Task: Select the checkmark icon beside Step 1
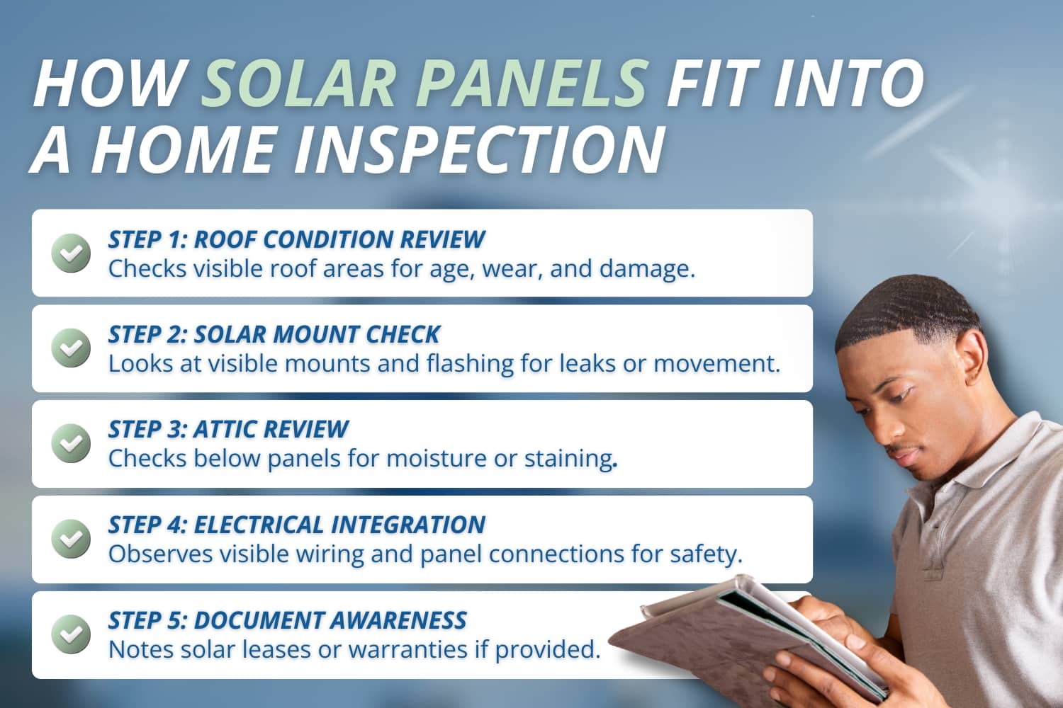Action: (x=71, y=253)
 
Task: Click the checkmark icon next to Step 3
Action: (x=71, y=443)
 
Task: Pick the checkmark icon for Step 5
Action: (x=71, y=634)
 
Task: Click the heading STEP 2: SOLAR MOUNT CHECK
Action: (x=274, y=334)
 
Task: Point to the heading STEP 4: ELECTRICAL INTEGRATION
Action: (x=296, y=525)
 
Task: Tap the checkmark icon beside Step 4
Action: (x=71, y=538)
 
